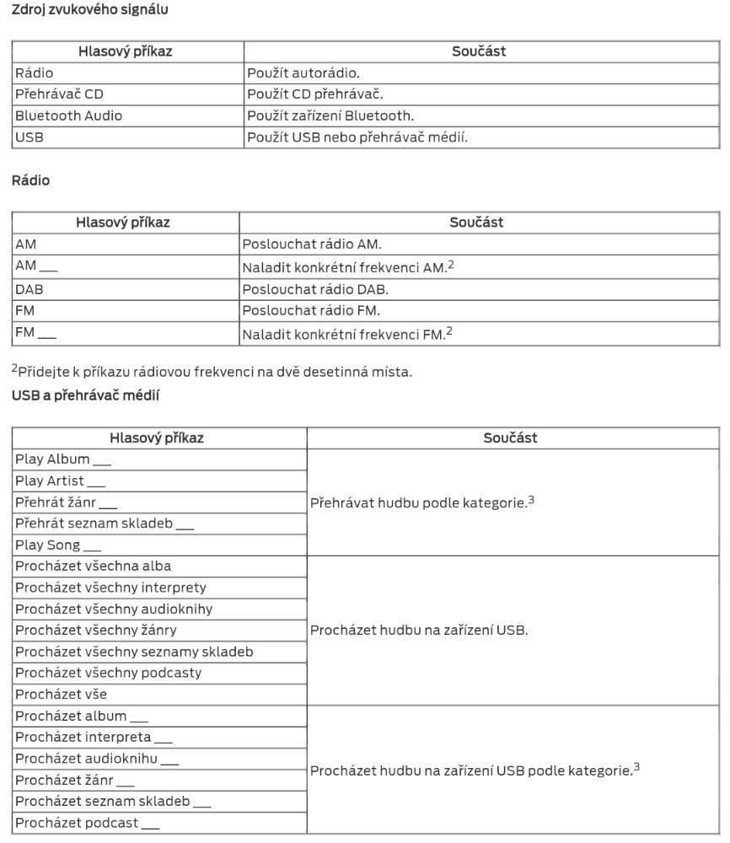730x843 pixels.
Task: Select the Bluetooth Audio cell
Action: point(68,115)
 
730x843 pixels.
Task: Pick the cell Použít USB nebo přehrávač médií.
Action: point(357,137)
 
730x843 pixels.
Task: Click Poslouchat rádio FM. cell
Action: point(311,309)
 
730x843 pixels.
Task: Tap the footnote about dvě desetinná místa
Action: point(212,371)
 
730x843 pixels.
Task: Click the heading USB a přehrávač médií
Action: point(85,395)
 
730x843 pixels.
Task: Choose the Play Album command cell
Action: point(63,460)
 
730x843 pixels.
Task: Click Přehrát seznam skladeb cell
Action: point(105,524)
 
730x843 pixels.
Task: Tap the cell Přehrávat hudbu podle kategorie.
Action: point(422,502)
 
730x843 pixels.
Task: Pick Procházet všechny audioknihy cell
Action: point(114,609)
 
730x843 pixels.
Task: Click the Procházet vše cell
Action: point(61,694)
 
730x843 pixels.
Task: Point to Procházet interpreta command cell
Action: point(94,737)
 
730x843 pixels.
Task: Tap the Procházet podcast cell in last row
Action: point(88,823)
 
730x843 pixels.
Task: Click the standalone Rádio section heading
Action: point(30,180)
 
